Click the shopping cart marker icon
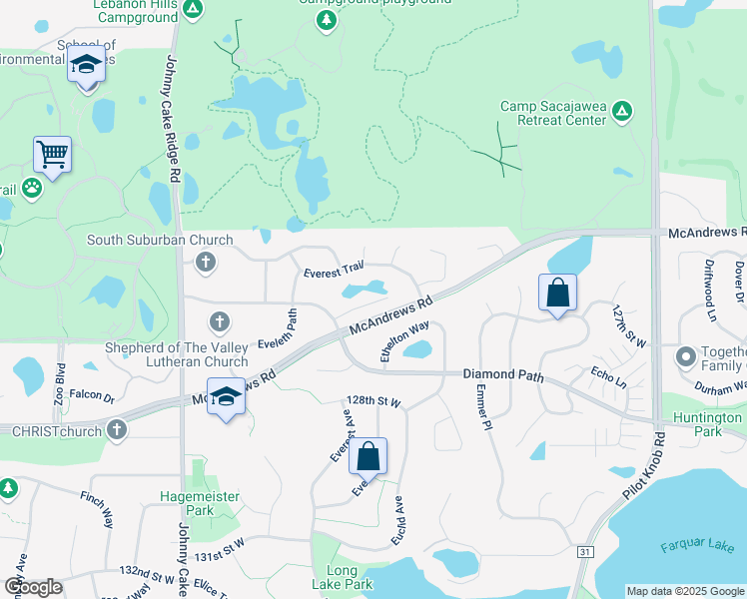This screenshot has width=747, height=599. pyautogui.click(x=52, y=156)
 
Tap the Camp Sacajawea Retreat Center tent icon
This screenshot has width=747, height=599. pyautogui.click(x=622, y=109)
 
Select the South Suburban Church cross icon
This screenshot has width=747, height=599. pyautogui.click(x=205, y=263)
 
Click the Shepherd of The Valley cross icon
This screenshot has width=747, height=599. pyautogui.click(x=220, y=321)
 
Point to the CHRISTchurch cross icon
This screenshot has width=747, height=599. pyautogui.click(x=117, y=431)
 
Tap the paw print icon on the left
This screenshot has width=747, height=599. pyautogui.click(x=33, y=187)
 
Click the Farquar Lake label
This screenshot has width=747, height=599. pyautogui.click(x=697, y=546)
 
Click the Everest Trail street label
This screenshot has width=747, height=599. pyautogui.click(x=333, y=270)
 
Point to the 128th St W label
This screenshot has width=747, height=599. pyautogui.click(x=374, y=402)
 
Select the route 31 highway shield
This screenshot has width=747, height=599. pyautogui.click(x=585, y=551)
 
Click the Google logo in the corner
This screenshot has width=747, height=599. pyautogui.click(x=33, y=587)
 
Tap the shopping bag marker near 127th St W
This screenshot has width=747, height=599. pyautogui.click(x=557, y=294)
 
